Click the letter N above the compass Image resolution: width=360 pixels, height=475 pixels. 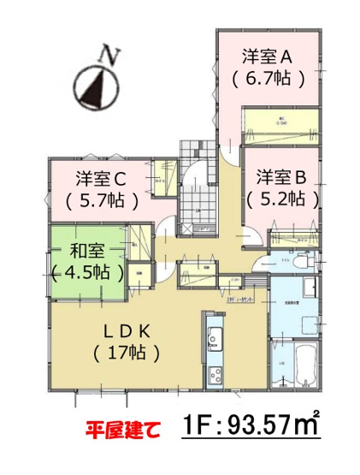pyautogui.click(x=109, y=55)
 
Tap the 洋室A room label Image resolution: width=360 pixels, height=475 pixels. pyautogui.click(x=267, y=58)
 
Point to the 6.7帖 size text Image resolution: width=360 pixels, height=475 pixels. pyautogui.click(x=267, y=80)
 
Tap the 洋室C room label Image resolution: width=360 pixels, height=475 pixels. pyautogui.click(x=101, y=180)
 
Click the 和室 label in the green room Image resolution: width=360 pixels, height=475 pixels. pyautogui.click(x=88, y=252)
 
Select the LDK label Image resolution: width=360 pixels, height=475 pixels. pyautogui.click(x=131, y=330)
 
